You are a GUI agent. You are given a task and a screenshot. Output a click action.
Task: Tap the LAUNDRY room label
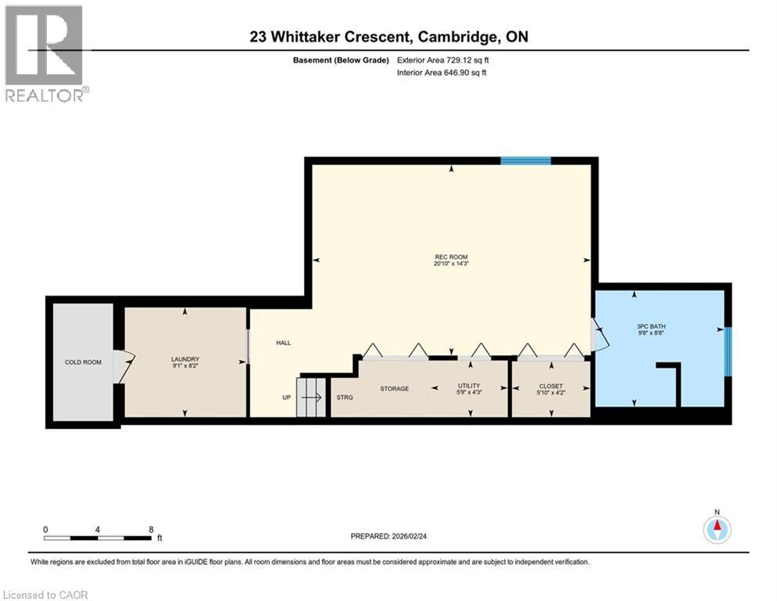185,360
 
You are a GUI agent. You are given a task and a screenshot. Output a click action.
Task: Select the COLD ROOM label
83,362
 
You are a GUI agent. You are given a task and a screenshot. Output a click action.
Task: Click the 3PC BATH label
650,326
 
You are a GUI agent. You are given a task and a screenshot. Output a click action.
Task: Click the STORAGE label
394,389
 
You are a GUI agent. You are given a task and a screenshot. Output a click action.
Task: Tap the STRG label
344,398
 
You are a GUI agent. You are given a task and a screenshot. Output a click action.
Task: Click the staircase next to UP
311,397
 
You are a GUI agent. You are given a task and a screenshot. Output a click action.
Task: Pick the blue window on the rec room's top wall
525,160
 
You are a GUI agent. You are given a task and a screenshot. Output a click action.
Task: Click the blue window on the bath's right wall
728,351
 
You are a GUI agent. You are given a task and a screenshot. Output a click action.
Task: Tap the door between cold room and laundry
123,365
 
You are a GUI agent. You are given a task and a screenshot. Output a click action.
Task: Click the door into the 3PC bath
598,335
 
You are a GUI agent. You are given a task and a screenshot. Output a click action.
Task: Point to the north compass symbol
716,528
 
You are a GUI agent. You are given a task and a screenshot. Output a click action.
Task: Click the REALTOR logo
45,52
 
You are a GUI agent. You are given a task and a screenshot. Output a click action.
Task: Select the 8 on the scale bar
150,529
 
